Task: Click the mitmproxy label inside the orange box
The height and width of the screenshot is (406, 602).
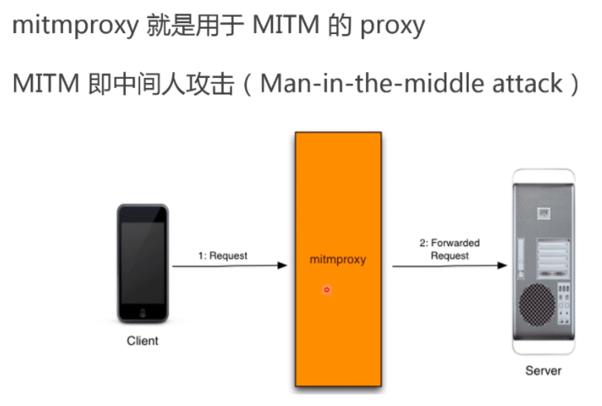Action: pyautogui.click(x=338, y=260)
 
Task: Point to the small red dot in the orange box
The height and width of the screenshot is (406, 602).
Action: pyautogui.click(x=327, y=289)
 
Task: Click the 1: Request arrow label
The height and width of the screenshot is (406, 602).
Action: pyautogui.click(x=222, y=256)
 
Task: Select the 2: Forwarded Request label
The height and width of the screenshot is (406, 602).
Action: pyautogui.click(x=450, y=249)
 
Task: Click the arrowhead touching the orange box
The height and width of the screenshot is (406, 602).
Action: pyautogui.click(x=282, y=266)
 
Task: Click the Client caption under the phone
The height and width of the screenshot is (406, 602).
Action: pyautogui.click(x=142, y=341)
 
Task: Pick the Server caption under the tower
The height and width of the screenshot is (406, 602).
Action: pyautogui.click(x=543, y=370)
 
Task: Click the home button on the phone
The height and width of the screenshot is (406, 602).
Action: pyautogui.click(x=142, y=314)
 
